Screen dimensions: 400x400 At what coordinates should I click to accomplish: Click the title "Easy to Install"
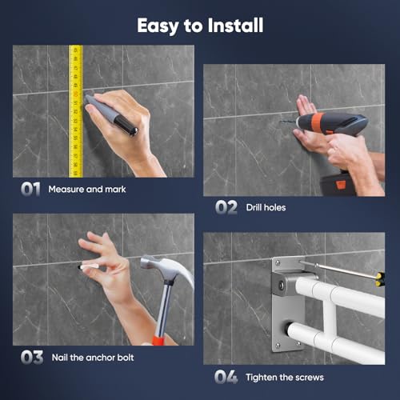click(x=200, y=25)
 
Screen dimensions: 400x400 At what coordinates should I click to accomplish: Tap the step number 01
click(x=30, y=190)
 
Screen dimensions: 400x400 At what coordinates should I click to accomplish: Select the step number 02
click(x=226, y=207)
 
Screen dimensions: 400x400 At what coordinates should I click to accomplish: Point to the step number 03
click(x=32, y=357)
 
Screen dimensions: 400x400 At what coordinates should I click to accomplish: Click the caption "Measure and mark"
click(x=86, y=190)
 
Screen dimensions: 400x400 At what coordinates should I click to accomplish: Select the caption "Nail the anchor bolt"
click(x=98, y=358)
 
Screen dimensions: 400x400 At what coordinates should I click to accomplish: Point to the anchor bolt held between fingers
click(x=81, y=266)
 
